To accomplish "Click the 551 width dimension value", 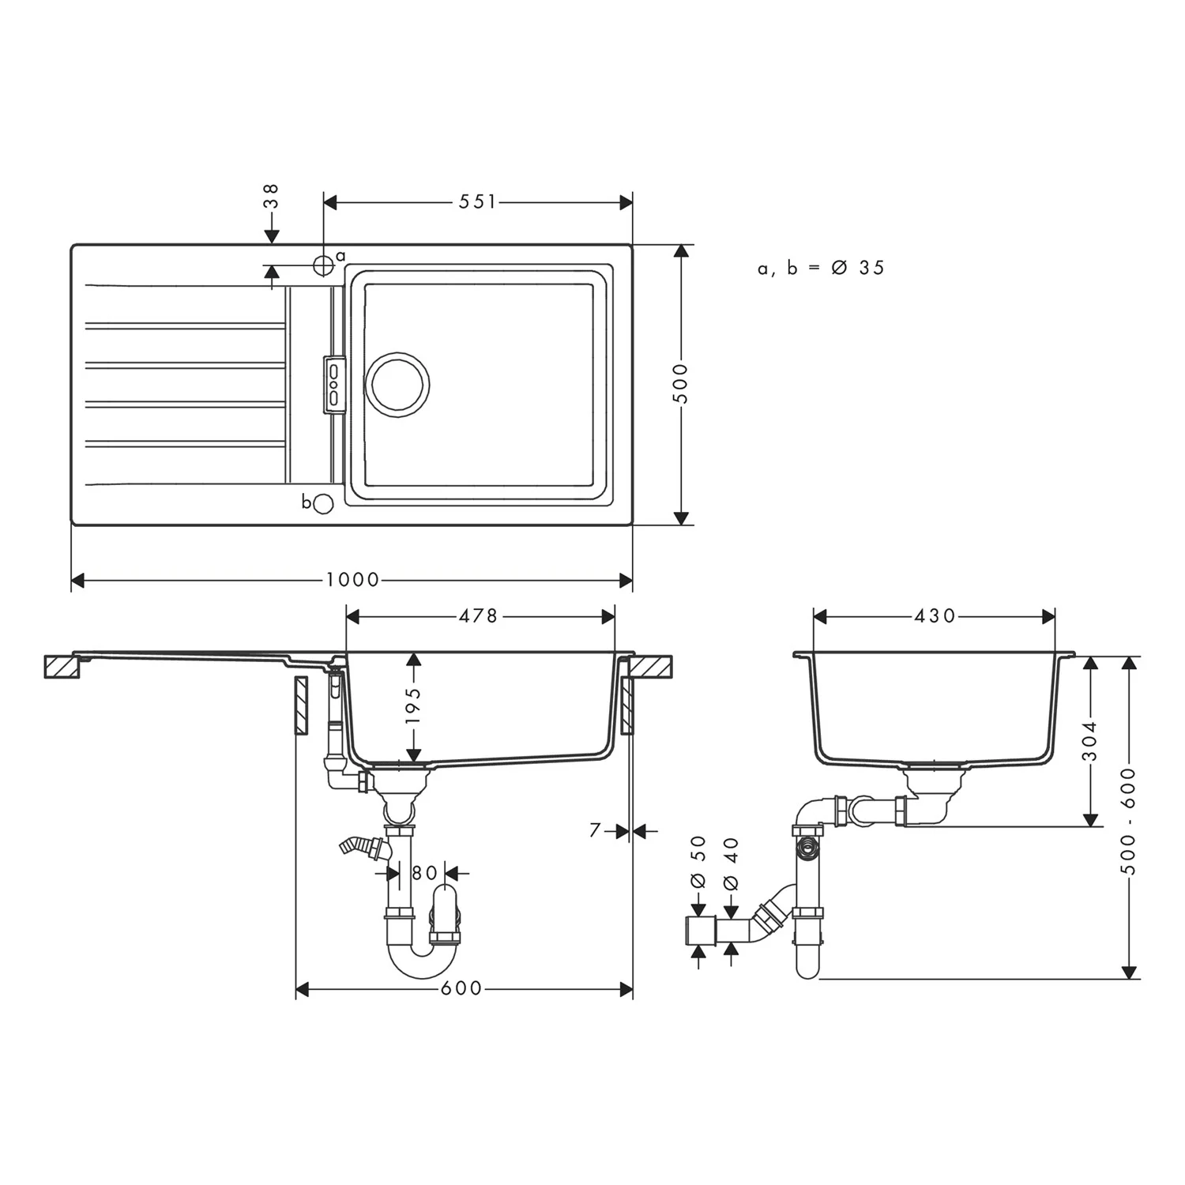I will click(478, 202).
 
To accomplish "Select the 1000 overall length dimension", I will click(352, 581).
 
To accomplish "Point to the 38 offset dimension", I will click(271, 196).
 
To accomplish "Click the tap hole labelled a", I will click(323, 265).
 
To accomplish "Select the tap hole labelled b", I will click(323, 503).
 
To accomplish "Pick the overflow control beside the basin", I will click(333, 384).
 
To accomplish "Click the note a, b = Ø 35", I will click(821, 269).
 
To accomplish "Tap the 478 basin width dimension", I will click(479, 615).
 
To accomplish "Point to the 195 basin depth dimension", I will click(413, 705).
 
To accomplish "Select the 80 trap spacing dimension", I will click(424, 873).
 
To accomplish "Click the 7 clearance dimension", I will click(596, 830).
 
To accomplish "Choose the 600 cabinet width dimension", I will click(461, 989).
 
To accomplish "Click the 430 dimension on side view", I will click(935, 615).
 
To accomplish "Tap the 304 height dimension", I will click(1090, 741).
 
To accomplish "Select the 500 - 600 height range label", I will click(1129, 821).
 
